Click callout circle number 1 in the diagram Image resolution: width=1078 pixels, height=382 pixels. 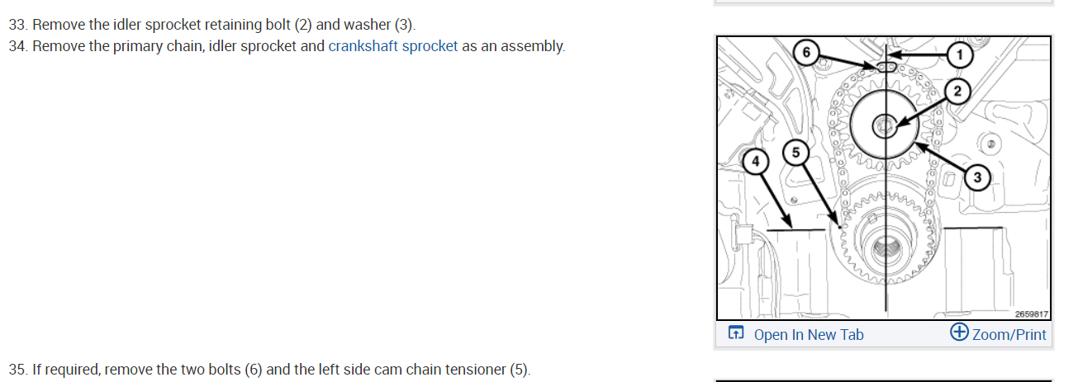[958, 54]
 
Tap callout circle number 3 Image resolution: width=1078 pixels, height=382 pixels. [977, 177]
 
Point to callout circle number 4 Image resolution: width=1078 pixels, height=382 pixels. [754, 163]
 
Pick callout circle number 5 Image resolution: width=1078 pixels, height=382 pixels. [795, 153]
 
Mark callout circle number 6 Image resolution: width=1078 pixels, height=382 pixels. [807, 52]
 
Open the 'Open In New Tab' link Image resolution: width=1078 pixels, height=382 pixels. [808, 334]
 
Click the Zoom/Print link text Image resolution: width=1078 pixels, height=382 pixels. [1009, 334]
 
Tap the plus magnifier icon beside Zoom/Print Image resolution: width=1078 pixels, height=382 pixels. [959, 332]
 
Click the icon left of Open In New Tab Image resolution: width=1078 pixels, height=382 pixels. [734, 333]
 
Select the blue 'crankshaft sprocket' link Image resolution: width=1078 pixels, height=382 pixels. [392, 46]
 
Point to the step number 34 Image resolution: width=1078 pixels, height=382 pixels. [17, 46]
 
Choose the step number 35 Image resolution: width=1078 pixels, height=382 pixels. [17, 369]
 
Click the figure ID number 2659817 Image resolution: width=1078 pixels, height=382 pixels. [1031, 314]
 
